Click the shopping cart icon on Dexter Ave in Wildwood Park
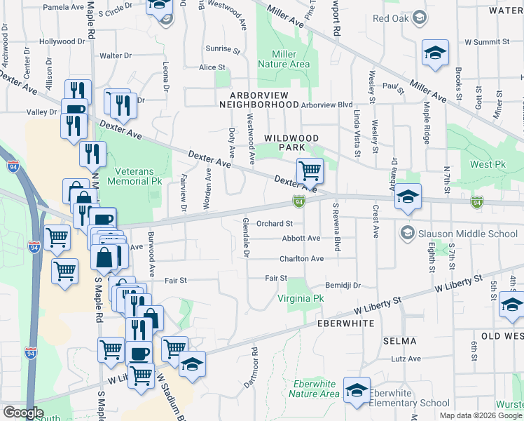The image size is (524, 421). [x=309, y=170]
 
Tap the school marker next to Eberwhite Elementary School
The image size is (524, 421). [x=357, y=392]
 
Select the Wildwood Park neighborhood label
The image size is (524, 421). [x=291, y=143]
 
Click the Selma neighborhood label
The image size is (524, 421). [x=399, y=341]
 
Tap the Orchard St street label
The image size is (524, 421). [x=274, y=224]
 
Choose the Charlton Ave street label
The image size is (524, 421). [x=301, y=259]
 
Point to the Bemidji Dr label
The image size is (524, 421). [x=343, y=286]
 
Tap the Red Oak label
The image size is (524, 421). [x=391, y=18]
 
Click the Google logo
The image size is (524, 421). [x=23, y=413]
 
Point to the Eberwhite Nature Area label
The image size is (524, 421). [x=316, y=389]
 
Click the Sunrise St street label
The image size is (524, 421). [x=223, y=49]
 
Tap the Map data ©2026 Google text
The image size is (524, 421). [x=480, y=415]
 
